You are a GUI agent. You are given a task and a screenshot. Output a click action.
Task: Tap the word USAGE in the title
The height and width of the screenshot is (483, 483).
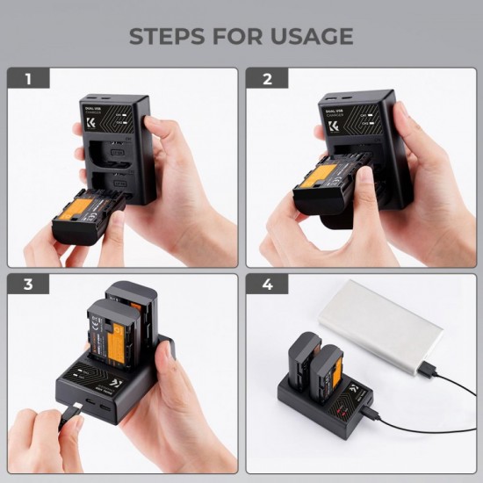click(x=310, y=36)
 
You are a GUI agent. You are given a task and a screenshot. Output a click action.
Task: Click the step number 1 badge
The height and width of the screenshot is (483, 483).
click(x=28, y=79)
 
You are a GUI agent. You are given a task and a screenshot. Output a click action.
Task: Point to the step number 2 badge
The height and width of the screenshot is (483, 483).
click(x=267, y=79)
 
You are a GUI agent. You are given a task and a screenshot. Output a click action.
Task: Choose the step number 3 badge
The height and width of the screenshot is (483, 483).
click(x=28, y=285)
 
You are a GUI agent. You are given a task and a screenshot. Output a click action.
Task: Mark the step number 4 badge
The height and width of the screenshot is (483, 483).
click(x=267, y=285)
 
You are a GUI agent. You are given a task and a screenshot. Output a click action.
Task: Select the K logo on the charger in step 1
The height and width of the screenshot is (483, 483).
click(x=91, y=125)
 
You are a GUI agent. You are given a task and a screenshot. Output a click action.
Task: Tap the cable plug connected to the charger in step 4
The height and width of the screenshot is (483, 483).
click(x=372, y=410)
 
